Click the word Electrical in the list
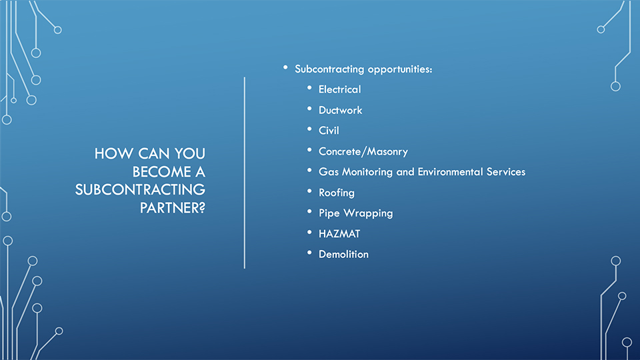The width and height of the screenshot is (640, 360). [x=339, y=89]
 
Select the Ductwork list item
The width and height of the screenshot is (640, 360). [x=341, y=110]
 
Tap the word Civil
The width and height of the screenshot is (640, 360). [x=329, y=131]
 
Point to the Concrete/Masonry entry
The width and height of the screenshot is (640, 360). [x=363, y=151]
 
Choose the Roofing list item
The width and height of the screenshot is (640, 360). [x=336, y=193]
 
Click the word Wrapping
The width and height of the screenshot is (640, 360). [x=368, y=213]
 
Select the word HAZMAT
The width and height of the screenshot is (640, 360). [x=339, y=234]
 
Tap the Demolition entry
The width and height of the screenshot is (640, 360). [x=343, y=254]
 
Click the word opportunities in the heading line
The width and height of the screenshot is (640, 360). [x=400, y=69]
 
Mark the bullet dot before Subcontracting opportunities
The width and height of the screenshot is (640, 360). [x=285, y=67]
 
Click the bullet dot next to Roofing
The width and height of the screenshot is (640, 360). [x=309, y=191]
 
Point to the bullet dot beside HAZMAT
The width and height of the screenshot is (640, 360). [x=309, y=232]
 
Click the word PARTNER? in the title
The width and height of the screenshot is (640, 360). [x=172, y=208]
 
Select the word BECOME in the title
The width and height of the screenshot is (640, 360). [x=161, y=171]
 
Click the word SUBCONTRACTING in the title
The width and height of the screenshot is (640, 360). [x=140, y=190]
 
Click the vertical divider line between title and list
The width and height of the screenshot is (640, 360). [x=245, y=173]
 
